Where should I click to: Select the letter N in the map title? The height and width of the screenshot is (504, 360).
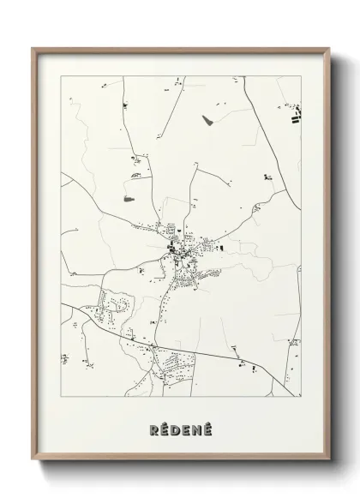(x=198, y=427)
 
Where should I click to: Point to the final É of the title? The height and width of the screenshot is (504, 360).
(x=210, y=426)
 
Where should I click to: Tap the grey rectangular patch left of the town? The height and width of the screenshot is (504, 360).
(x=130, y=200)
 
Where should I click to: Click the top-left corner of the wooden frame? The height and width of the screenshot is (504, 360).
(x=33, y=49)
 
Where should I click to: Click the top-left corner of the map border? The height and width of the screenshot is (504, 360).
(x=61, y=76)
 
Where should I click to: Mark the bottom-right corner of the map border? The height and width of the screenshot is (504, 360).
(x=302, y=398)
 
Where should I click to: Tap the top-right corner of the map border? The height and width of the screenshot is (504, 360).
(x=302, y=76)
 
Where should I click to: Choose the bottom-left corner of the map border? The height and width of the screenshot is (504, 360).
(x=61, y=398)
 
